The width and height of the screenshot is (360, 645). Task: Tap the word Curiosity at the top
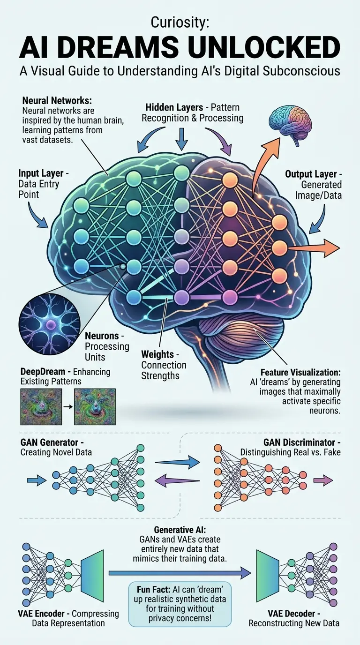point(180,22)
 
